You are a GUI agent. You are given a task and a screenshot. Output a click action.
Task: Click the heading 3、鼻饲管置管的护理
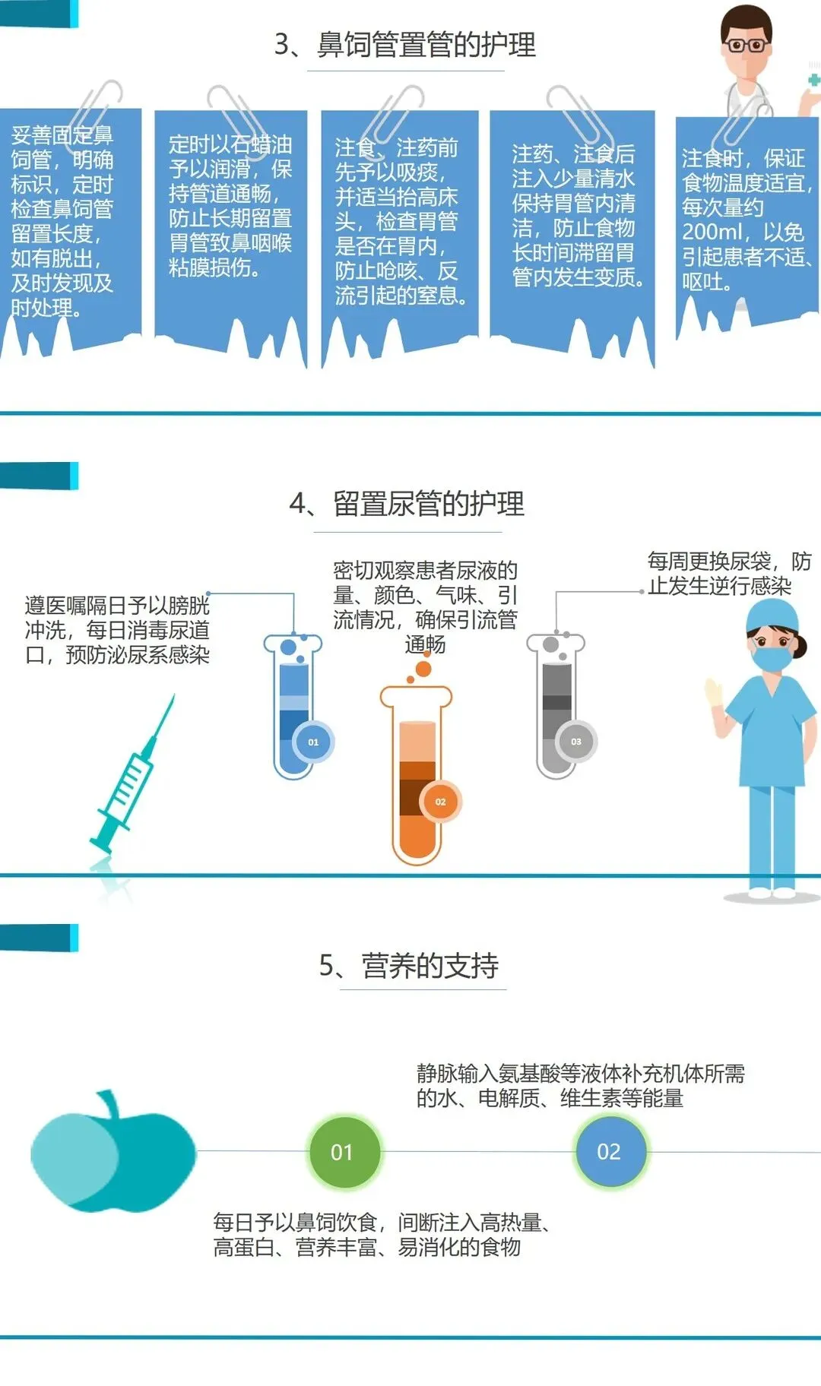405,45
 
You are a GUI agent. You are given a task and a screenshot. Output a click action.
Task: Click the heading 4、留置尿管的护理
407,504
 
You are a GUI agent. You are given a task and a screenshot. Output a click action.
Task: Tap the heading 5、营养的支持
409,966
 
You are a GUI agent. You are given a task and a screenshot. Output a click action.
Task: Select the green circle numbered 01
343,1152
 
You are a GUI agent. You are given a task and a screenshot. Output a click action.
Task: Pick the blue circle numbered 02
609,1151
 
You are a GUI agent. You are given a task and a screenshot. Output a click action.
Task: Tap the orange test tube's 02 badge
440,802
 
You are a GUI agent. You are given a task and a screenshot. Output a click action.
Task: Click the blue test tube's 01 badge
312,742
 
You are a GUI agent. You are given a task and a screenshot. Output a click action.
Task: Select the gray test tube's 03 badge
575,741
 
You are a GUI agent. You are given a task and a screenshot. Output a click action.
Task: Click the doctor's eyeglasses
747,45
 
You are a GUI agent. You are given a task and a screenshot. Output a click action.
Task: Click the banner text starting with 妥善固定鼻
62,221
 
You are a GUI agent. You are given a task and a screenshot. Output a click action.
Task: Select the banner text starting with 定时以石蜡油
230,206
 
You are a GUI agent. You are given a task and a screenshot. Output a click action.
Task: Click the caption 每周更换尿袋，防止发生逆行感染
729,574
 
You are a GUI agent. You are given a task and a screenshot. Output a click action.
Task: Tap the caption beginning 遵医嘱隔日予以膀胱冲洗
117,630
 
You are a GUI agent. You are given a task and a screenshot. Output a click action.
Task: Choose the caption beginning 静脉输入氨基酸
581,1086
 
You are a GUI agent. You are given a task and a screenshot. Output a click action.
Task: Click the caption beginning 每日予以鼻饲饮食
382,1235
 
